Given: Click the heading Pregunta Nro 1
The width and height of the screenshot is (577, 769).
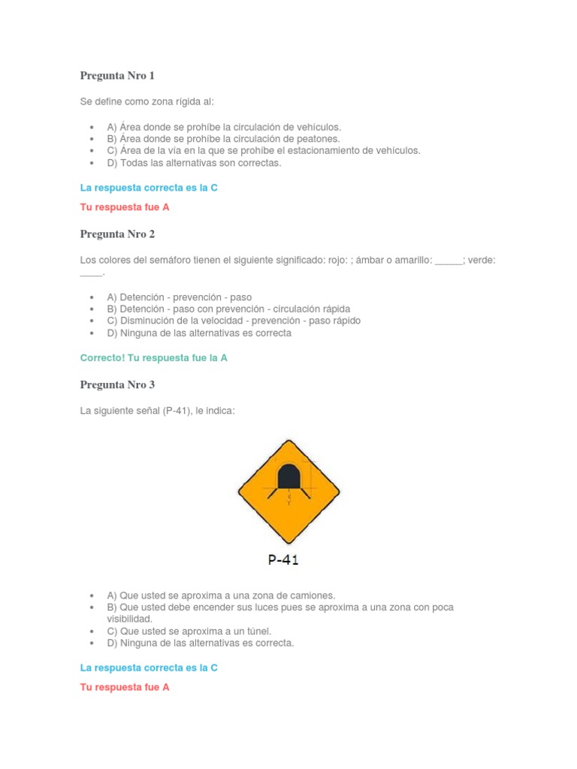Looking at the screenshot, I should (117, 76).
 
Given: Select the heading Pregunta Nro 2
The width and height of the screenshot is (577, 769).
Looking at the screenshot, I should (117, 234).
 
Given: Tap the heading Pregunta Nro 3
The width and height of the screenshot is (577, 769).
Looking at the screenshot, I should (117, 385).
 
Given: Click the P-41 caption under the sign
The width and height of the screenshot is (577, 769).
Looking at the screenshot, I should (283, 559).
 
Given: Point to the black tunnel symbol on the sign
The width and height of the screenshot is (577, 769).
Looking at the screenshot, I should (288, 476).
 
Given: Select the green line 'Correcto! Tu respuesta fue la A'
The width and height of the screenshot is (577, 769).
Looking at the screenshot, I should (154, 358).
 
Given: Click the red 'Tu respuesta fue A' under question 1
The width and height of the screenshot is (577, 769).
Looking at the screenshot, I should (125, 207).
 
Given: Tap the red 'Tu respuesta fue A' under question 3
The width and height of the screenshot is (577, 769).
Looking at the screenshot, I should (125, 687).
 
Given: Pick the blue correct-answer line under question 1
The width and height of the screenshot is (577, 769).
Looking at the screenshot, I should (149, 188).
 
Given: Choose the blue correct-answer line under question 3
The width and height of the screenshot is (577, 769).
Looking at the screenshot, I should (149, 668).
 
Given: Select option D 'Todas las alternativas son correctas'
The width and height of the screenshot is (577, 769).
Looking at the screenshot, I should (194, 163).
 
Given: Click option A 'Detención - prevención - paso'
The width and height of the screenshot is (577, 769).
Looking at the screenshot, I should (180, 297).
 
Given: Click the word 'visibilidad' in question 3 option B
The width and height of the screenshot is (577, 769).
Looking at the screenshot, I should (130, 619).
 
